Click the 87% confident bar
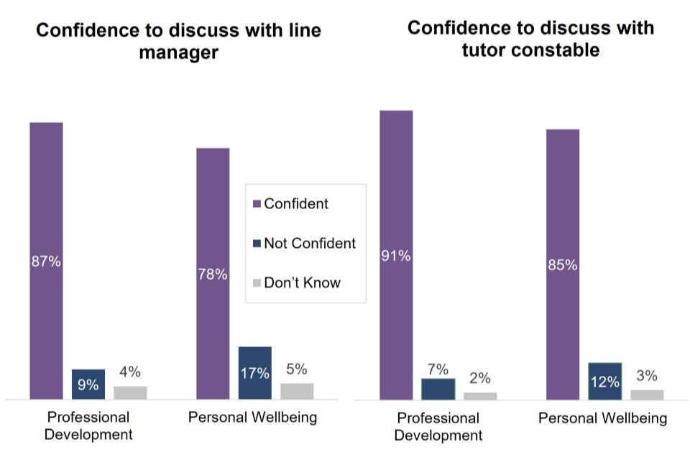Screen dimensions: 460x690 point(46,260)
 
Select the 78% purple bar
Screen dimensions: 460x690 point(213,273)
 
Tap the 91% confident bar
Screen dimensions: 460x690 point(396,254)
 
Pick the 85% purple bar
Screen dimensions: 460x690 point(563,264)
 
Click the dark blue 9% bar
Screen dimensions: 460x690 point(88,384)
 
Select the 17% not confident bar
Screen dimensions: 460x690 point(255,372)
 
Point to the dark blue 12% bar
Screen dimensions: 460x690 point(605,381)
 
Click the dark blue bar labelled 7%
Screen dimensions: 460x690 point(438,388)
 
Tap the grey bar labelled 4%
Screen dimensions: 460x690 point(130,392)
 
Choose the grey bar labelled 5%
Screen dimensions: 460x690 point(297,390)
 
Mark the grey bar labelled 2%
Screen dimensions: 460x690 point(480,395)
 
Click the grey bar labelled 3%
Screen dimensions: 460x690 point(647,394)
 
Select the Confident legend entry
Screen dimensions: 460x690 point(295,203)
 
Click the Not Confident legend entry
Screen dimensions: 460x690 point(309,243)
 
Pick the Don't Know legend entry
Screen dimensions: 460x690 point(302,282)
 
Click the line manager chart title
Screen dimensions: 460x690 point(178,42)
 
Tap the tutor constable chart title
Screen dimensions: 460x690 point(530,39)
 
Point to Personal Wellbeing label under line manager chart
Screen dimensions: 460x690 point(252,418)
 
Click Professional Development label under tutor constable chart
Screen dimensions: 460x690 point(438,426)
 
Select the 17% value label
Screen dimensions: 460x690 point(255,373)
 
